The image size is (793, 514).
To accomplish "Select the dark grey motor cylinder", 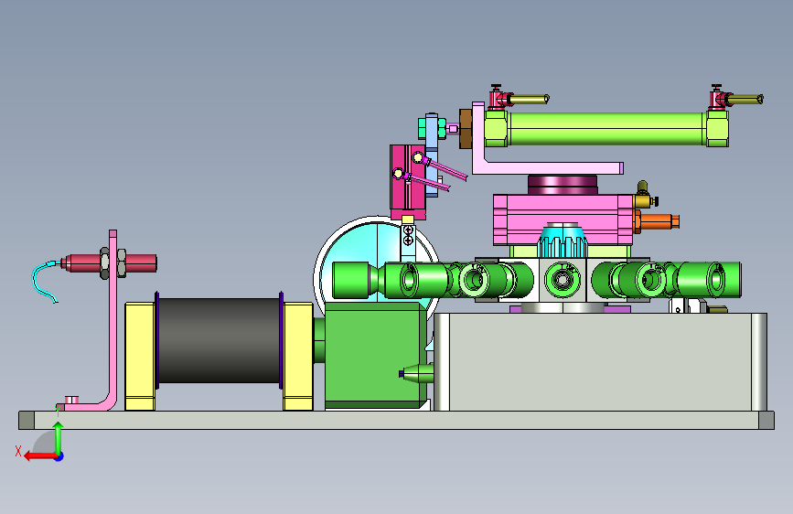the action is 219,340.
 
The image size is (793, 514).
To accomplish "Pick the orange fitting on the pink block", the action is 659,221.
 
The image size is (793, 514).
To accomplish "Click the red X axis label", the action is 18,451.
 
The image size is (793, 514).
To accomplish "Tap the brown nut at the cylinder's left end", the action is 466,129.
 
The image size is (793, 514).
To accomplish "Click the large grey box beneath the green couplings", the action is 600,362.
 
